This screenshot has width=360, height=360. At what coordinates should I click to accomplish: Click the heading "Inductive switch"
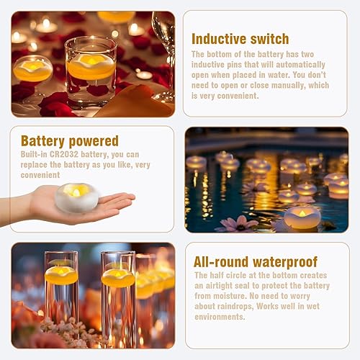[x=240, y=39]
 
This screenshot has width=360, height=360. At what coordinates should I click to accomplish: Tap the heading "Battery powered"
[x=69, y=140]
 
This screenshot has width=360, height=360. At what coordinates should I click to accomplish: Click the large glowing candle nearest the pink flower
[x=302, y=216]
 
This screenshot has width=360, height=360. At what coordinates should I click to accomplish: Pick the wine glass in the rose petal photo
[x=165, y=50]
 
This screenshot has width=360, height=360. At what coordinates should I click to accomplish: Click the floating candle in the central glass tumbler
[x=91, y=67]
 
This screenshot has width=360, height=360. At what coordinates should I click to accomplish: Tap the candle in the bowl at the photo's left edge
[x=32, y=70]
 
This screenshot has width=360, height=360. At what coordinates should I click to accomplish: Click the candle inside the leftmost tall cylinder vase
[x=61, y=275]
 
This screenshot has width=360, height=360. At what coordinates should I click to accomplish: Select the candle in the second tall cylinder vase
[x=118, y=277]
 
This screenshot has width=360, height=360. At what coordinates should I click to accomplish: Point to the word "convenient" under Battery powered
[x=42, y=174]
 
